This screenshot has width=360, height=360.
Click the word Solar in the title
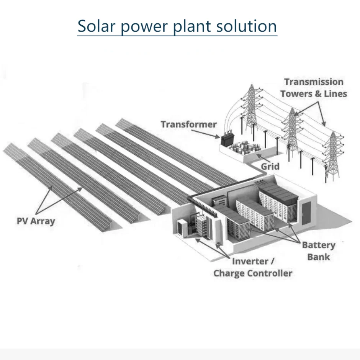[x=95, y=26]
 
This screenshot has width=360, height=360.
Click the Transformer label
[x=188, y=124]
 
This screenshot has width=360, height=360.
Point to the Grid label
[x=270, y=166]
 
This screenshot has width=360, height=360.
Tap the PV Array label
[x=36, y=221]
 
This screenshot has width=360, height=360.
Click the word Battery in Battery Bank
[x=318, y=245]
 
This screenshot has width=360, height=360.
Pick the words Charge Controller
[x=252, y=273]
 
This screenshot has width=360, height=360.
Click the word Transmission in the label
[x=314, y=82]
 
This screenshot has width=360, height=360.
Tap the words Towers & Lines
[x=314, y=93]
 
